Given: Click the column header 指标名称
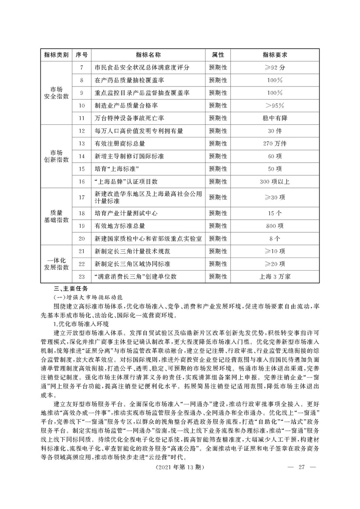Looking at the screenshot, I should (x=148, y=55).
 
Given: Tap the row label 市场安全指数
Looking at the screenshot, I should (x=57, y=93).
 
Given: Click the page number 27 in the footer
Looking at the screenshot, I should (x=300, y=467).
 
